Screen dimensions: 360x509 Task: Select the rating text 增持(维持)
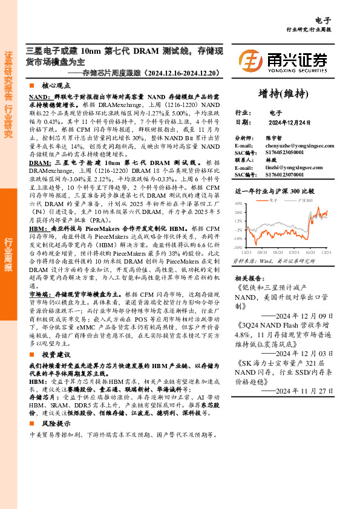283,94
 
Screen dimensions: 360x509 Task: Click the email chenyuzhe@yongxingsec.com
301,146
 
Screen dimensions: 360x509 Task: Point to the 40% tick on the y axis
238,204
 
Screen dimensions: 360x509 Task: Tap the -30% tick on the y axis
238,248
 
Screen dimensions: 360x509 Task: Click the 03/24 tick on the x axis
261,253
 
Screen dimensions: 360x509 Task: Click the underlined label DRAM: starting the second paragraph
40,163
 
